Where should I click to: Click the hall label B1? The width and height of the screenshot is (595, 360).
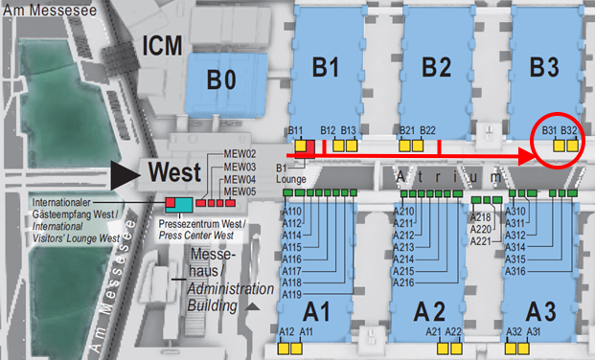tap(326, 67)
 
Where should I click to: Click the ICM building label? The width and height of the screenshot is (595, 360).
tap(160, 45)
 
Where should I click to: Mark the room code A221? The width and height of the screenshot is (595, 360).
tap(480, 241)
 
